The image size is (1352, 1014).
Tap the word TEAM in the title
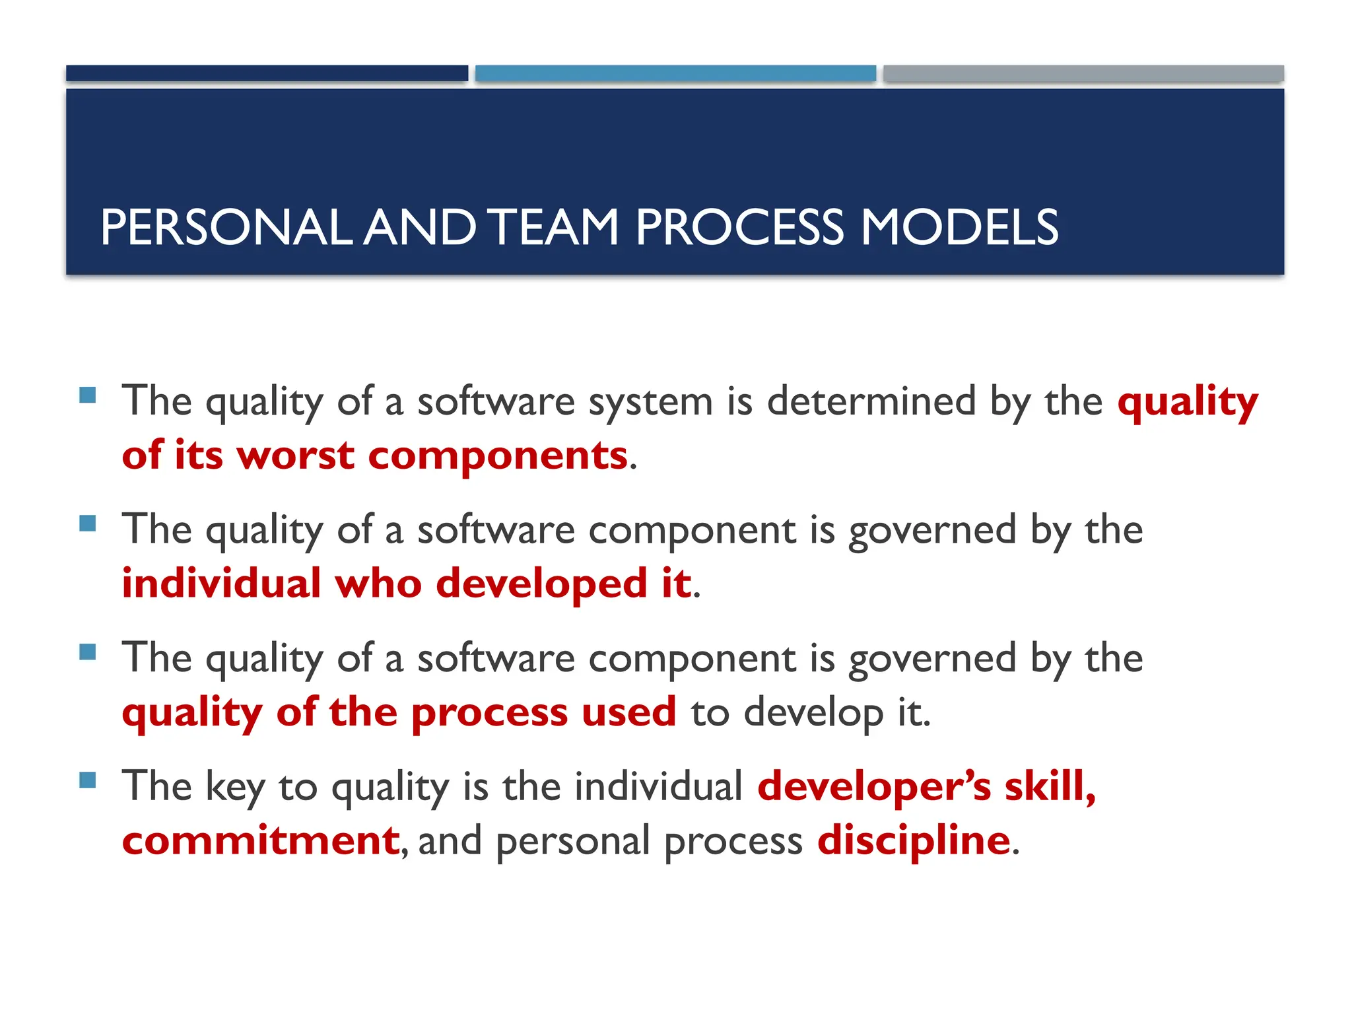pyautogui.click(x=555, y=228)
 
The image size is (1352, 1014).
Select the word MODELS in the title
pyautogui.click(x=960, y=228)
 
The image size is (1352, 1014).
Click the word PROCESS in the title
pyautogui.click(x=739, y=228)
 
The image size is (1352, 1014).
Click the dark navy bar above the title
pyautogui.click(x=267, y=73)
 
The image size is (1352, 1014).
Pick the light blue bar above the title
pyautogui.click(x=675, y=73)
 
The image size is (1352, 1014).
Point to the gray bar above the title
pyautogui.click(x=1083, y=73)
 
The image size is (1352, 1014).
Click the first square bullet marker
pyautogui.click(x=87, y=395)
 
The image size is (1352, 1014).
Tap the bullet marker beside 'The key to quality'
pyautogui.click(x=87, y=780)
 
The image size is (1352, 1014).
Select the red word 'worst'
pyautogui.click(x=295, y=456)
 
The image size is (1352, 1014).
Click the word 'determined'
pyautogui.click(x=871, y=401)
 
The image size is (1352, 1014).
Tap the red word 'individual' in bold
pyautogui.click(x=221, y=584)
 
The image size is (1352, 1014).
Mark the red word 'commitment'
pyautogui.click(x=261, y=840)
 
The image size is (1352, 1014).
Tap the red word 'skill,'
pyautogui.click(x=1050, y=786)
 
